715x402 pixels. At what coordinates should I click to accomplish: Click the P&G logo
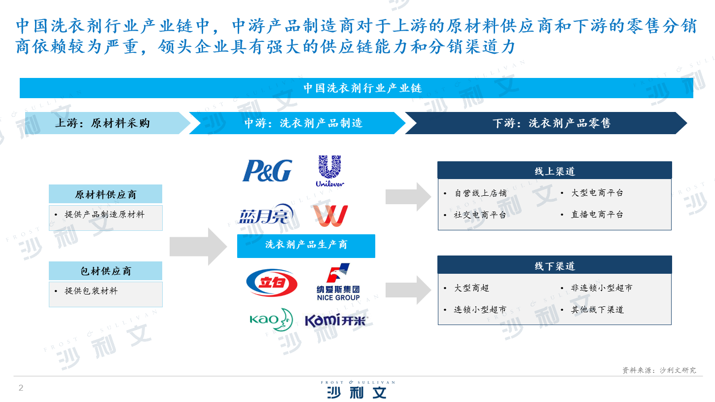coord(267,171)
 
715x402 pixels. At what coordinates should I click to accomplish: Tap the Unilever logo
coord(330,171)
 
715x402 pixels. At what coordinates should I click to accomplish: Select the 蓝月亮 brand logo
coord(266,214)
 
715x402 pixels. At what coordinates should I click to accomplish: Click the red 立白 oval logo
coord(272,283)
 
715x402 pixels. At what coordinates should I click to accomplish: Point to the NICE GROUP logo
coord(338,282)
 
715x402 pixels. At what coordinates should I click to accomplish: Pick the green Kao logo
coord(271,319)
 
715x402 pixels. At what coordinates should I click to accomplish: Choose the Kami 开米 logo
coord(336,320)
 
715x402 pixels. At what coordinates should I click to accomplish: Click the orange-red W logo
coord(330,216)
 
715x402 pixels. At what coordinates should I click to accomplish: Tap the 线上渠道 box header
coord(554,170)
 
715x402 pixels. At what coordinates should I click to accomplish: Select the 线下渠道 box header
coord(554,265)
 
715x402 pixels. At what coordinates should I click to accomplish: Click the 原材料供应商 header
coord(106,194)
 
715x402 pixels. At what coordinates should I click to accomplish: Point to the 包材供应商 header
coord(106,271)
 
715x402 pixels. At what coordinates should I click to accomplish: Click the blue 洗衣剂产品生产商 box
coord(306,246)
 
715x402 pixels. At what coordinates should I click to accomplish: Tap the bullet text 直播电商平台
coord(597,214)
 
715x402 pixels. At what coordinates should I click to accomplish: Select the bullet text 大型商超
coord(471,288)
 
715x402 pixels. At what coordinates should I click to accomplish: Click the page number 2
coord(21,388)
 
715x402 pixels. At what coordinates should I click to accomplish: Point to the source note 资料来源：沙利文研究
coord(659,370)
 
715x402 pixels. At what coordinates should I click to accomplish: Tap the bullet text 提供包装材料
coord(91,291)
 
